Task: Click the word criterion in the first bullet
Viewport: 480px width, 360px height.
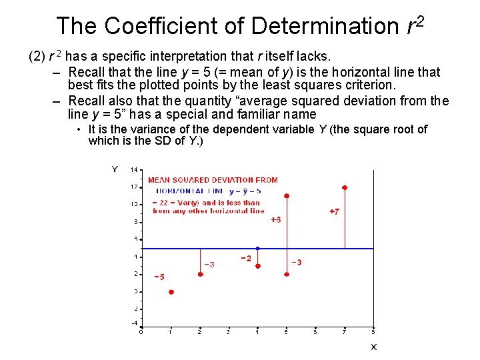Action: pos(370,85)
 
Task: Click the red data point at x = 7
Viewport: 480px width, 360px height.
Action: pos(345,188)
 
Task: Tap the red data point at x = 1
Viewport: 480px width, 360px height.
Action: pos(171,292)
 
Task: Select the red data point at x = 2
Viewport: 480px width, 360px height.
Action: pos(201,274)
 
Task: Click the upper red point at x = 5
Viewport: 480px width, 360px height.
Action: pos(287,196)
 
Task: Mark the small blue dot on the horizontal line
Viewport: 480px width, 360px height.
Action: pos(258,248)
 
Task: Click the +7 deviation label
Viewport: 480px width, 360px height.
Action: pos(334,211)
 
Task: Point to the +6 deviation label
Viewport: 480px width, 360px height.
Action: pos(275,219)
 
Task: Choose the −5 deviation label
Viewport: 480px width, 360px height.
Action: pos(159,277)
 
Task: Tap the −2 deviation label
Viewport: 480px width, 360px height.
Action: pos(246,258)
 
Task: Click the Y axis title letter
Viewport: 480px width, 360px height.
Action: pos(114,169)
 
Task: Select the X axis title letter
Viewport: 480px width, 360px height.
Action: pos(373,347)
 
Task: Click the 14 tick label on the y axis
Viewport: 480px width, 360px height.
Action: pos(134,170)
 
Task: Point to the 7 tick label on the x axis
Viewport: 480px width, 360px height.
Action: pos(345,331)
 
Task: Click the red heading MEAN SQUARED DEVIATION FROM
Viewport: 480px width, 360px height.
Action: pos(213,180)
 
